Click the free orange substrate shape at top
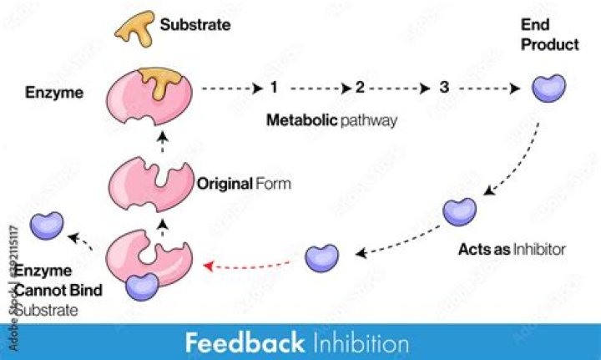[134, 28]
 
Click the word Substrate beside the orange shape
[195, 25]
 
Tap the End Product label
[550, 36]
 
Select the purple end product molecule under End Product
[548, 86]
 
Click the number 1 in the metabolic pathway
[274, 87]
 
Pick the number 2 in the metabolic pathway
[360, 87]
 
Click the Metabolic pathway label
[331, 119]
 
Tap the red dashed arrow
[250, 265]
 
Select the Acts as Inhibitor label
[512, 249]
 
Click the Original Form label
[244, 183]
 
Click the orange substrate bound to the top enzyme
[165, 81]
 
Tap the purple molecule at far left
[46, 225]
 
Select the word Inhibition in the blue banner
[362, 342]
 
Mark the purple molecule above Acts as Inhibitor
[459, 211]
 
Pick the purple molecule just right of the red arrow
[321, 257]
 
